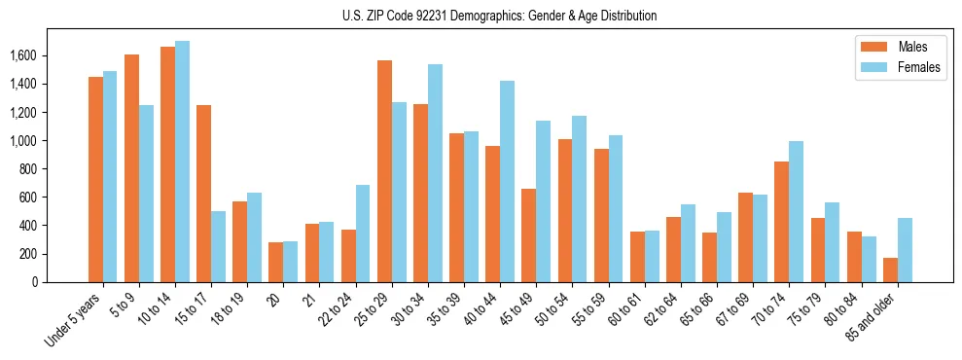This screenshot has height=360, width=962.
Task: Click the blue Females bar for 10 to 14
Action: [182, 162]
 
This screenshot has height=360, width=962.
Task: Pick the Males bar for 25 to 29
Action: [384, 171]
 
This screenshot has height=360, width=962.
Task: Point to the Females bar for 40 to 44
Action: [507, 181]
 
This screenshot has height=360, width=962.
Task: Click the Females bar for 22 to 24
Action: [363, 234]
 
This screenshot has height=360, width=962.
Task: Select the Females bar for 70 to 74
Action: [796, 211]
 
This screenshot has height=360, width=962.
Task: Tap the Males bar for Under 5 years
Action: [95, 179]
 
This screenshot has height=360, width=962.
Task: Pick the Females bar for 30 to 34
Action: [435, 173]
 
